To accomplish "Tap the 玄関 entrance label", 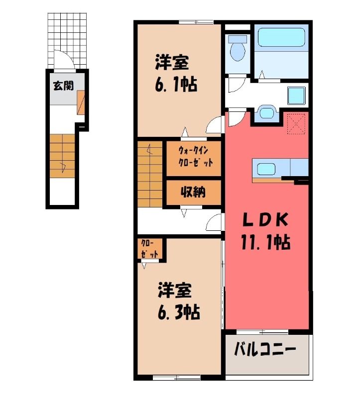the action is [x=63, y=86].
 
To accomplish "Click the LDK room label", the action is [x=265, y=220].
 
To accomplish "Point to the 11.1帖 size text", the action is [x=265, y=242].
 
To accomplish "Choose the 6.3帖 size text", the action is [x=179, y=312].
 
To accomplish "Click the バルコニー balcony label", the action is [x=265, y=350].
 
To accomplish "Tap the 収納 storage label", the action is [x=193, y=192].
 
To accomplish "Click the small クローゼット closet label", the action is [x=150, y=249].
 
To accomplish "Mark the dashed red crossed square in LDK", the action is [x=296, y=124].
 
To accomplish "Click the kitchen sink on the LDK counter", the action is [x=266, y=169].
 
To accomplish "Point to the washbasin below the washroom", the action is [x=266, y=113].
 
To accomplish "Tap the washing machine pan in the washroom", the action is [x=296, y=96].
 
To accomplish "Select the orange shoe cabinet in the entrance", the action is [x=81, y=102].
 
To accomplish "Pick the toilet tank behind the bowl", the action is [x=238, y=39].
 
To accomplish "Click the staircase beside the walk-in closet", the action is [x=150, y=174].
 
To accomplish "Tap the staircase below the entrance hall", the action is [x=63, y=156].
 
